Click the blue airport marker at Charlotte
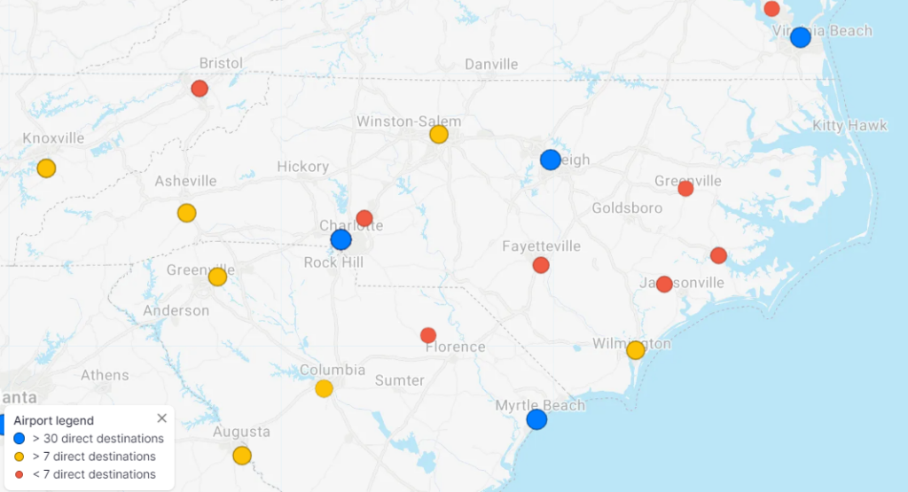340,239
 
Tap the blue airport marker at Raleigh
550,160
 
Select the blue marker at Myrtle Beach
536,419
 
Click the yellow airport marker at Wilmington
635,350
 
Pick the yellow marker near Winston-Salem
438,135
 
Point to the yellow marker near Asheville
186,213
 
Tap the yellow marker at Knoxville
46,168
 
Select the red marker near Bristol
200,89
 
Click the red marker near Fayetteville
541,265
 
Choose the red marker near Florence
428,335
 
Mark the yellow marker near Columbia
324,388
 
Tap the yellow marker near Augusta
241,456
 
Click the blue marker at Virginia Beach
800,37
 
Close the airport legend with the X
161,418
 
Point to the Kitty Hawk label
849,126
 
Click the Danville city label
491,65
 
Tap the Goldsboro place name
627,208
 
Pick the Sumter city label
399,380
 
